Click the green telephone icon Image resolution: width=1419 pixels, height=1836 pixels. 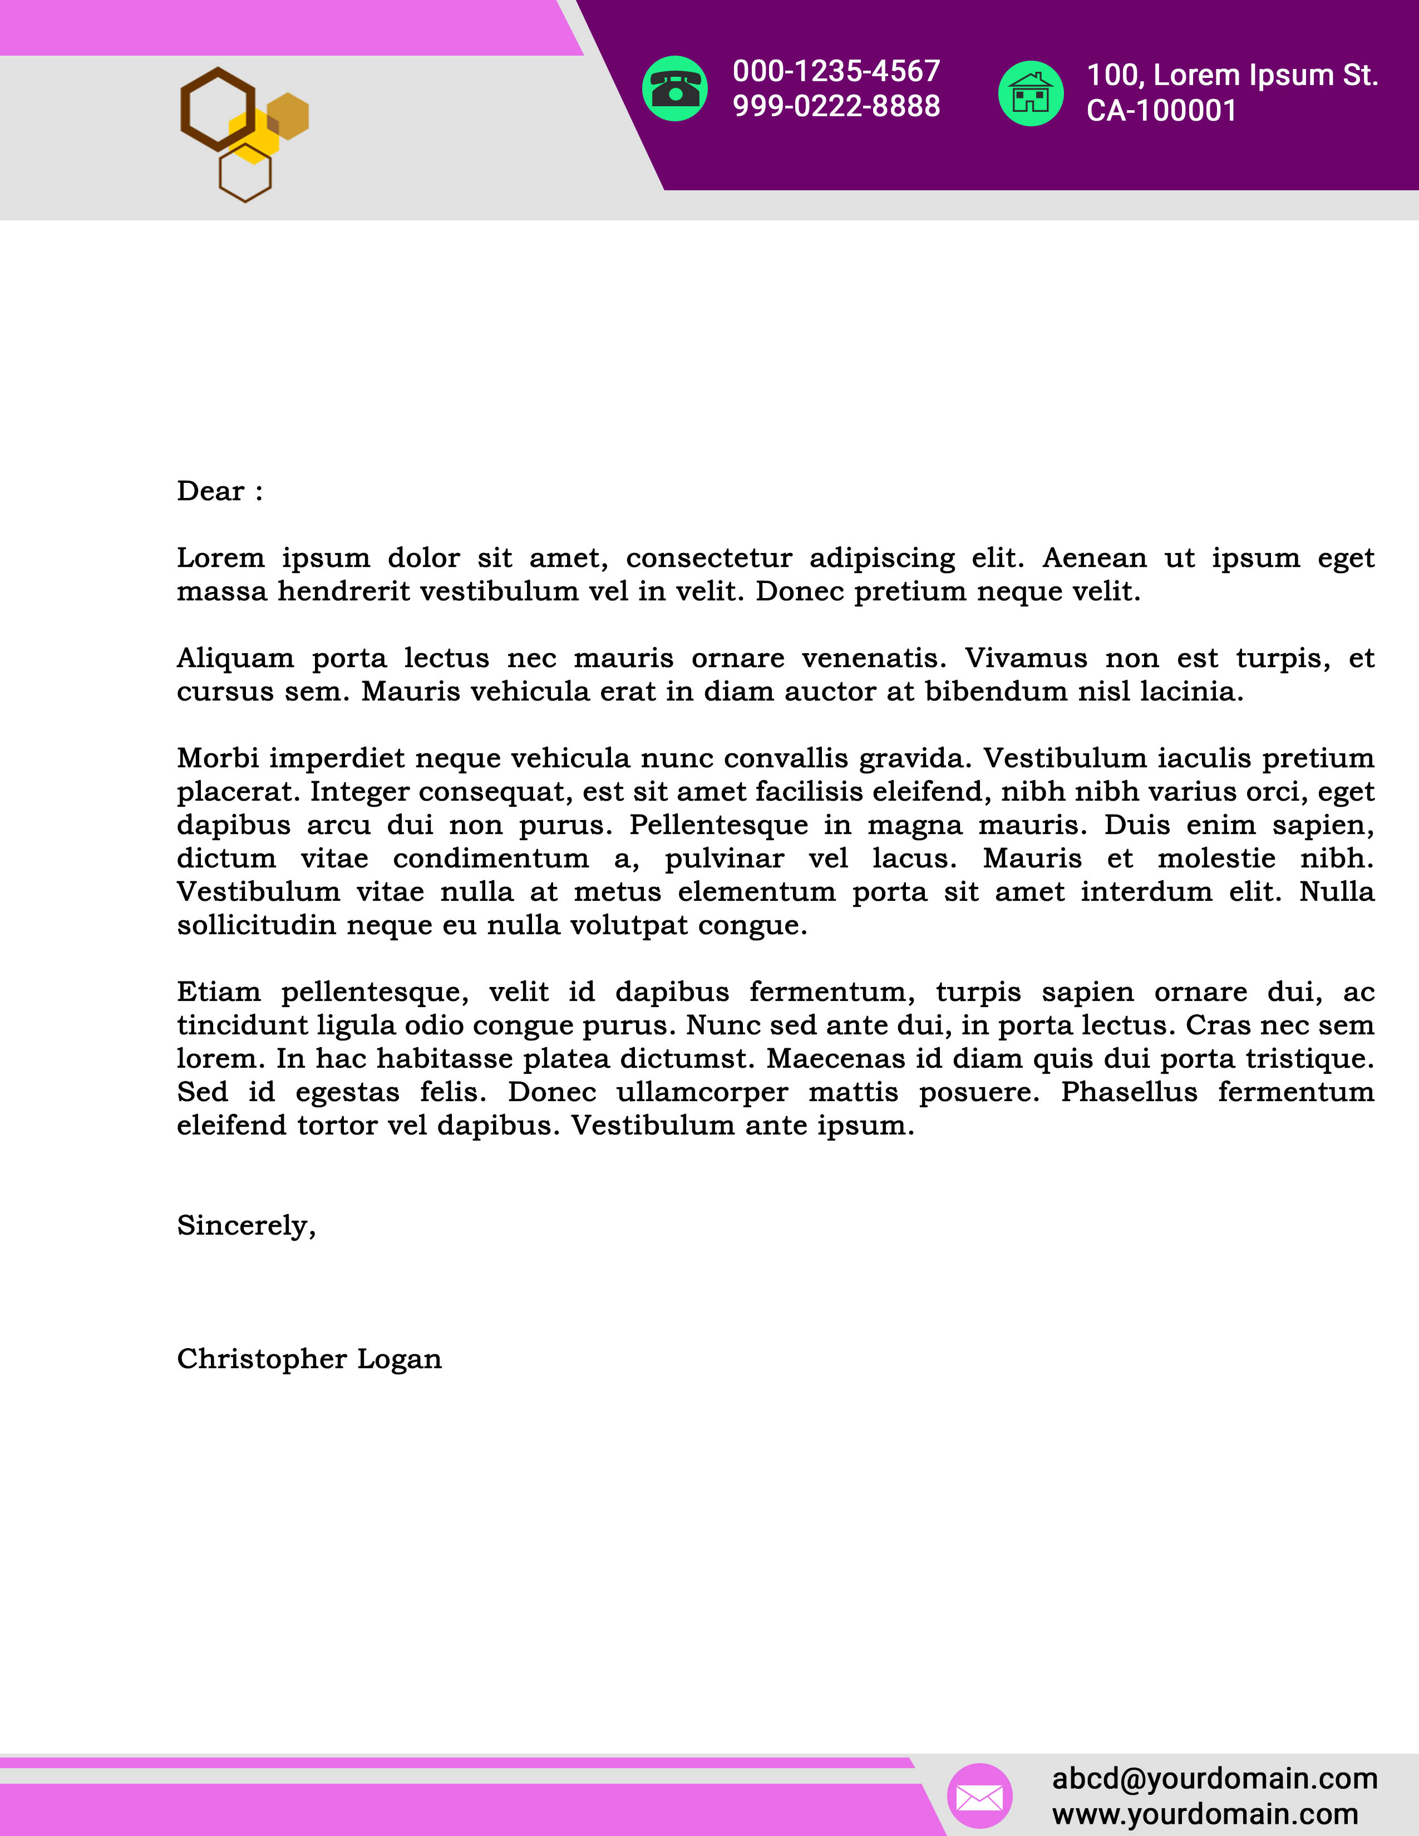pyautogui.click(x=674, y=88)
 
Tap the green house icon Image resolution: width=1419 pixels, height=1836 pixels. pyautogui.click(x=1030, y=93)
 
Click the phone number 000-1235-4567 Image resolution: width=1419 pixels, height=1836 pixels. pyautogui.click(x=836, y=71)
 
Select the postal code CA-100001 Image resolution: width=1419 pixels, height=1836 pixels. pyautogui.click(x=1161, y=111)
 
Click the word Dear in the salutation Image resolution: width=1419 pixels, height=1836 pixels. pyautogui.click(x=210, y=491)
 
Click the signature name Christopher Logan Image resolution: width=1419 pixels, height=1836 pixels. pyautogui.click(x=308, y=1359)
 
